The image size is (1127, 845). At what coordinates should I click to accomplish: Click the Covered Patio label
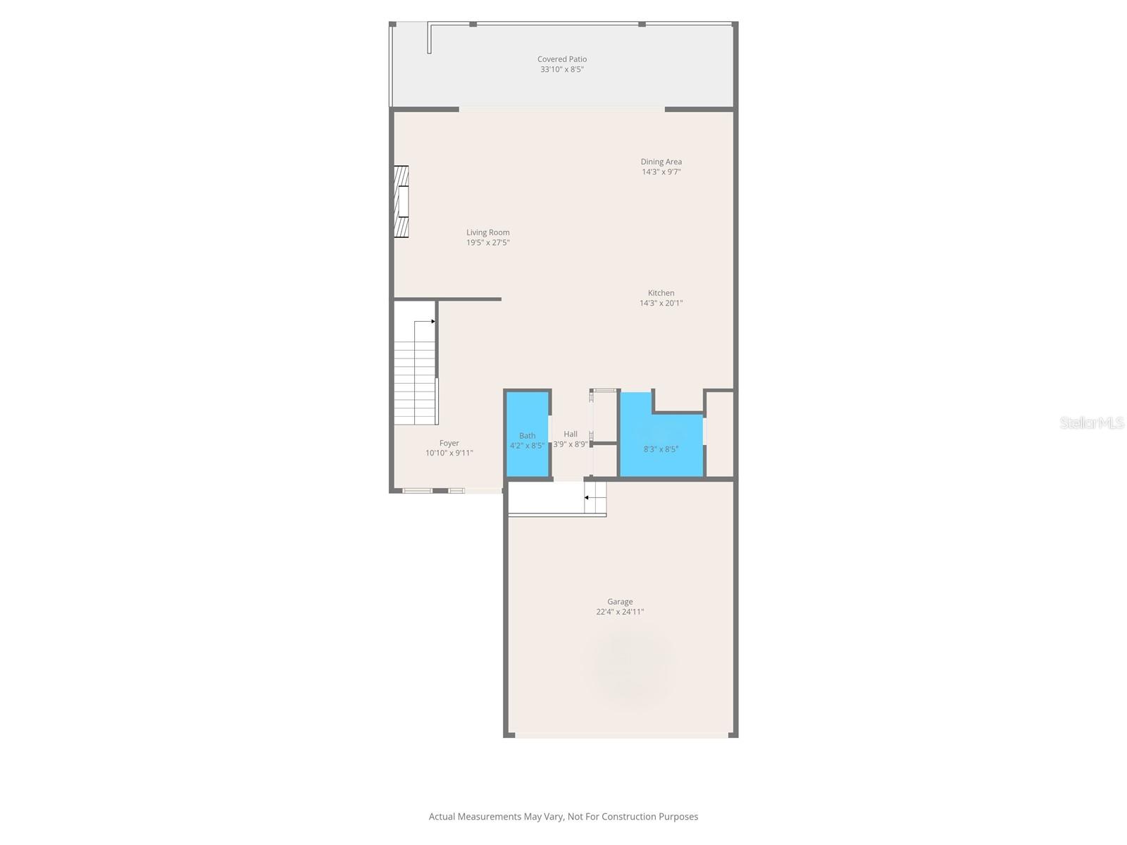[x=561, y=59]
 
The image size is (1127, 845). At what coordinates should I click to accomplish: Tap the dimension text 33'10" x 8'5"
[x=561, y=70]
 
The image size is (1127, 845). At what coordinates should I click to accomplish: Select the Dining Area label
[x=661, y=161]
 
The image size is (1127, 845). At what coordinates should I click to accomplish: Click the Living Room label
[x=487, y=232]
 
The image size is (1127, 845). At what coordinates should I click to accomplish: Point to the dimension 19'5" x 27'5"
[x=487, y=243]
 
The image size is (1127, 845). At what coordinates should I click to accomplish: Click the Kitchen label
[x=661, y=293]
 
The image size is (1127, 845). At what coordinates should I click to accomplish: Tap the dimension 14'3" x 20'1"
[x=661, y=303]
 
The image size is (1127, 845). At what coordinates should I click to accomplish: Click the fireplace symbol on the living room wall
[x=401, y=201]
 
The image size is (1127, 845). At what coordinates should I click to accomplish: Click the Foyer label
[x=449, y=443]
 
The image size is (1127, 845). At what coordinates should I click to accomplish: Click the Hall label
[x=570, y=434]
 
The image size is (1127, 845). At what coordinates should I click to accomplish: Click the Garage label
[x=620, y=601]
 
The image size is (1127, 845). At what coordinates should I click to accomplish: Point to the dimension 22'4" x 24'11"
[x=620, y=612]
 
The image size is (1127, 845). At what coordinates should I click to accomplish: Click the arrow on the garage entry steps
[x=586, y=498]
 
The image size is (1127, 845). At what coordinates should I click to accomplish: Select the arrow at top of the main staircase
[x=432, y=321]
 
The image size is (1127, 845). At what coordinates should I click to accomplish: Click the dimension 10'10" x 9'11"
[x=449, y=453]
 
